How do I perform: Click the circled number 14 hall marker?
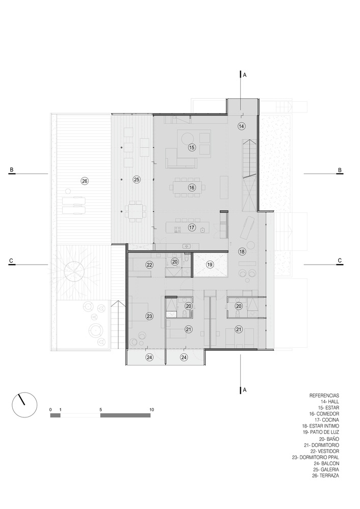[x=241, y=126]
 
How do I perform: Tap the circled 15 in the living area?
[x=191, y=148]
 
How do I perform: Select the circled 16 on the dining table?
[x=191, y=187]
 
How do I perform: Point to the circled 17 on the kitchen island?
[x=191, y=228]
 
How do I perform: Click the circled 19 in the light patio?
[x=210, y=265]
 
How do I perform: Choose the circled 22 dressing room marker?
[x=149, y=265]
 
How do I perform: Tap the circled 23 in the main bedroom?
[x=149, y=316]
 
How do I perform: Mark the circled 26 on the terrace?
[x=85, y=181]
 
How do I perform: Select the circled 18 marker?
[x=242, y=251]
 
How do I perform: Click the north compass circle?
[x=24, y=405]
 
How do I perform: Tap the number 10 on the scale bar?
[x=152, y=410]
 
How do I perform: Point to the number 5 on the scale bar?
[x=101, y=410]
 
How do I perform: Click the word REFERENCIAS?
[x=324, y=395]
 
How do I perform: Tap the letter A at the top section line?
[x=245, y=75]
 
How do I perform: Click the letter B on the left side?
[x=11, y=169]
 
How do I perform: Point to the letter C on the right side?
[x=340, y=260]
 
